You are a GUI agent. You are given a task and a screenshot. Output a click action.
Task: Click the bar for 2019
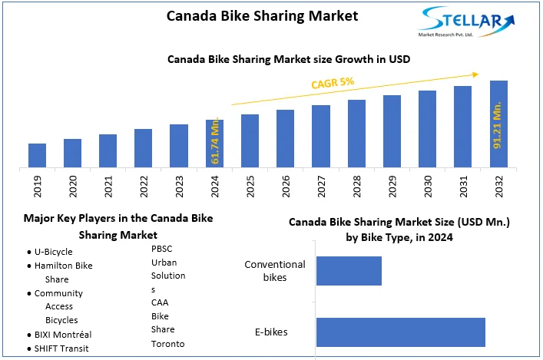click(37, 155)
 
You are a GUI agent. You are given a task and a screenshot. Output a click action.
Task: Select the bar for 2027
click(321, 136)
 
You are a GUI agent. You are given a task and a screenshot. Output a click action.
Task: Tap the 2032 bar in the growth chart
click(498, 124)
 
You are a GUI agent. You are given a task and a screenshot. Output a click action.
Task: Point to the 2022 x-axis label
click(144, 187)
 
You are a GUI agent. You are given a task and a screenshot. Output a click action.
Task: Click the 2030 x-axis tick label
click(427, 187)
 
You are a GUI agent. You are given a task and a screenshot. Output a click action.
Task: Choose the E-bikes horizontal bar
click(400, 332)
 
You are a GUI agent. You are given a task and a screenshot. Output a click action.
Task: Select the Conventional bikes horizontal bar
click(349, 270)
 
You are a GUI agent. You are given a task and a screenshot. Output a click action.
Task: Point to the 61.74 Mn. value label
click(215, 142)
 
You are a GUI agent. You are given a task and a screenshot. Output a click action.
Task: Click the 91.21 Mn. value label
click(498, 124)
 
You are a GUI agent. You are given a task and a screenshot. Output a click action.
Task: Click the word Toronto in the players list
click(167, 343)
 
